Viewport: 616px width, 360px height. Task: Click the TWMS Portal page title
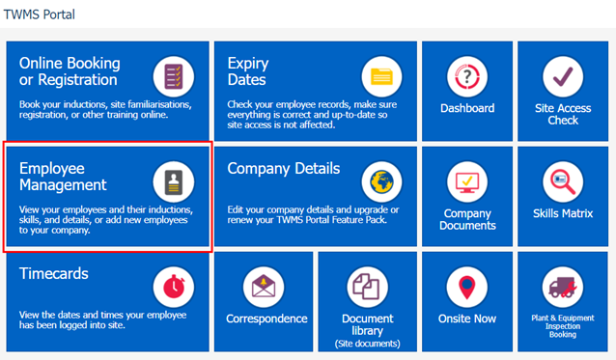pos(39,14)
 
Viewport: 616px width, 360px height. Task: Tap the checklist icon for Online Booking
pos(174,76)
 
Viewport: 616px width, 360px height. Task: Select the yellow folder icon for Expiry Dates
pos(381,76)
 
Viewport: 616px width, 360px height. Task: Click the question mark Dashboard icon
pos(467,76)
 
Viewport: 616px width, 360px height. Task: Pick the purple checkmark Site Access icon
pos(563,76)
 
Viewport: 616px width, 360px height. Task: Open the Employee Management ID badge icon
pos(174,181)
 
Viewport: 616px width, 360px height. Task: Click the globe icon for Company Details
pos(381,181)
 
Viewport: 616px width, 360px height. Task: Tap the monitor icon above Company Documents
pos(467,181)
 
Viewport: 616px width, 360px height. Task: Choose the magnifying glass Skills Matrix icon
pos(563,181)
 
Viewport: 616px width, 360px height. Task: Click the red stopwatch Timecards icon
pos(174,287)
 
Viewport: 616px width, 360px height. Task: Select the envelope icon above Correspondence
pos(264,287)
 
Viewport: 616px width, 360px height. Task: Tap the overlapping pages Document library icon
pos(367,287)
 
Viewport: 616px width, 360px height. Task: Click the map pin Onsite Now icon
pos(467,287)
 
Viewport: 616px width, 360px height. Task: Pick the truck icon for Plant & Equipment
pos(563,287)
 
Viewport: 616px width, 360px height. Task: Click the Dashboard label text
pos(467,108)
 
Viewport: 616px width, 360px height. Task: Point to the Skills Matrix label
pos(563,213)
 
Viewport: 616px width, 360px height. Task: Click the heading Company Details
pos(284,169)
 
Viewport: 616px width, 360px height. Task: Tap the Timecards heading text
pos(54,274)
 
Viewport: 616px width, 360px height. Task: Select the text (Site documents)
pos(367,344)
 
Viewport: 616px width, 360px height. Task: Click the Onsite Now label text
pos(467,318)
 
